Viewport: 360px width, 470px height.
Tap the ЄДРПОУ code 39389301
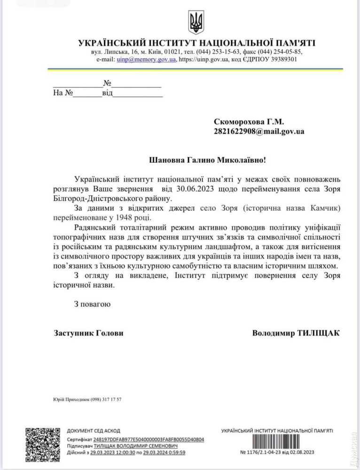click(280, 60)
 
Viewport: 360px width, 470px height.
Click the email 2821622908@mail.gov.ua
click(258, 131)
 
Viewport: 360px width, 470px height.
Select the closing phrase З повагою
click(92, 304)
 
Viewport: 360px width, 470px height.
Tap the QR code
click(43, 445)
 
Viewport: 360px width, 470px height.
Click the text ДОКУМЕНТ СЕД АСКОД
click(94, 430)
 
